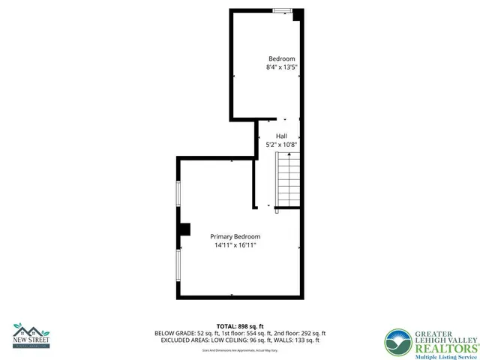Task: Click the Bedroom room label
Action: point(282,58)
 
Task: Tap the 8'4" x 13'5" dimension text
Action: point(282,67)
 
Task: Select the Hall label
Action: point(281,136)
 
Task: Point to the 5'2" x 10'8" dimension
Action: point(281,145)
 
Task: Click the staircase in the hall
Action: point(288,179)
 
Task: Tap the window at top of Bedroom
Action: point(283,10)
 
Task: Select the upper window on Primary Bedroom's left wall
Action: point(178,202)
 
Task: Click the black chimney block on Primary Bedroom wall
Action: point(184,230)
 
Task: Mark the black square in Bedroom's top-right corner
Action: point(298,14)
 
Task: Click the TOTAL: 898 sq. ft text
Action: point(240,325)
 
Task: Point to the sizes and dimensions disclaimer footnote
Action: point(240,350)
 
